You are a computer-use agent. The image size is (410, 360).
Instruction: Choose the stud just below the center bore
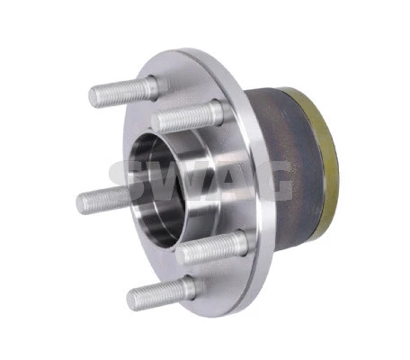[x=212, y=248]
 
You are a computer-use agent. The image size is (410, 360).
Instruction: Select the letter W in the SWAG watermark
[x=171, y=181]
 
